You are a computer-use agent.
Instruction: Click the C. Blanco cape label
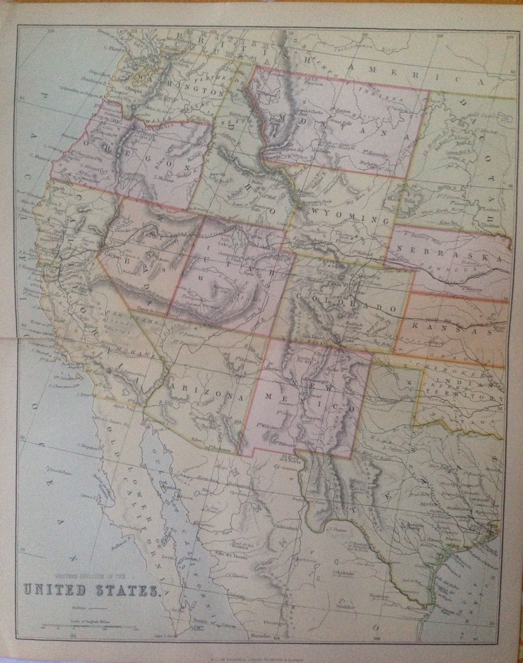38,155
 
